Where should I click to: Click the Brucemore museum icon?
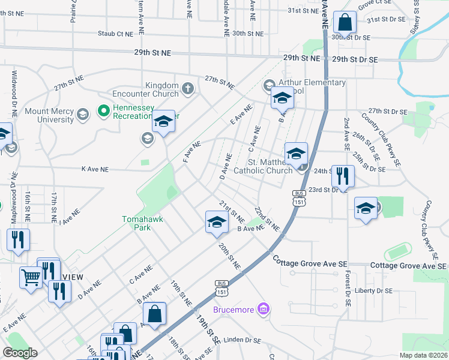point(262,309)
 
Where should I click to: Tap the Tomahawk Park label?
point(142,223)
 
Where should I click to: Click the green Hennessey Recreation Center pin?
point(102,110)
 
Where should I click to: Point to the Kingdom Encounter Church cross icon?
point(187,89)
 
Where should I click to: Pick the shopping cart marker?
point(31,277)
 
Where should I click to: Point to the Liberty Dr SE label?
point(372,290)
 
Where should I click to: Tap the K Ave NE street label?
point(95,170)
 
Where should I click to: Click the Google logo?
point(20,353)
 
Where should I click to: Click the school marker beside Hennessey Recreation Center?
point(162,123)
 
